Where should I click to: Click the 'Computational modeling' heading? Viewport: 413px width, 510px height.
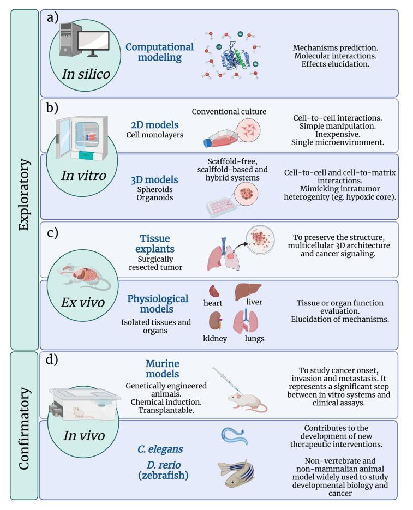click(x=159, y=52)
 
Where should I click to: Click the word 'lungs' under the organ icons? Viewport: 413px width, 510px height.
click(x=254, y=338)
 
